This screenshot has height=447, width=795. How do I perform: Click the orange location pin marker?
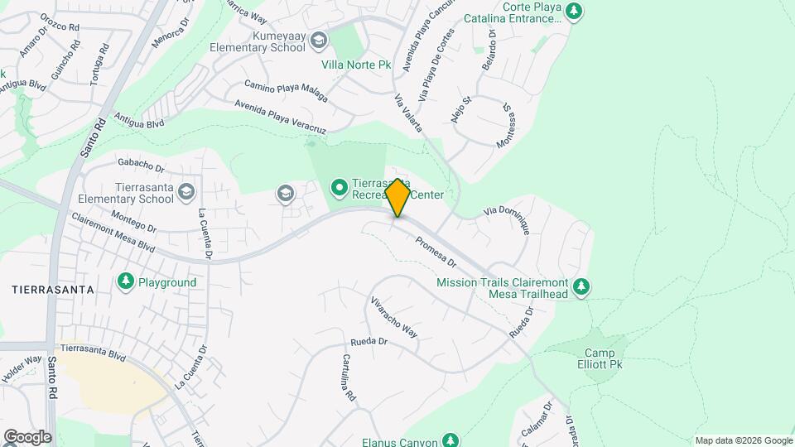[397, 198]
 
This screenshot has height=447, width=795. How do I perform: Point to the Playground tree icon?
[126, 282]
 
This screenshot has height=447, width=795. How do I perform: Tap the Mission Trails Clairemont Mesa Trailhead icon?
[582, 286]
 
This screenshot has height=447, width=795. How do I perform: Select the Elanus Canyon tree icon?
[450, 440]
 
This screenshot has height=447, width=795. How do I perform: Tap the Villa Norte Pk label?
[356, 62]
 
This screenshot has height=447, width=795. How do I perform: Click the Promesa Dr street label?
[436, 252]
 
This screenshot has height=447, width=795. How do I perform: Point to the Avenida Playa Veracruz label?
[281, 116]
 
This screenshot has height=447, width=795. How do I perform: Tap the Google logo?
[27, 436]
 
